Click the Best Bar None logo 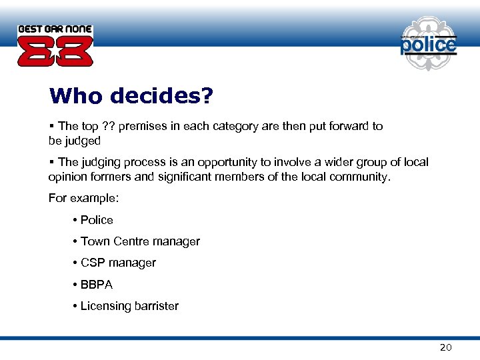click(55, 45)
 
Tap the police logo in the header click(429, 43)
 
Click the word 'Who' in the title click(76, 97)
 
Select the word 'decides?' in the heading click(161, 97)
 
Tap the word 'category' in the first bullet click(240, 126)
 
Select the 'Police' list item click(97, 220)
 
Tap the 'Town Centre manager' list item click(140, 241)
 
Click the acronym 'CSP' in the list click(93, 263)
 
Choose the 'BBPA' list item click(97, 285)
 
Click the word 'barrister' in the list click(157, 306)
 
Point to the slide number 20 click(446, 347)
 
